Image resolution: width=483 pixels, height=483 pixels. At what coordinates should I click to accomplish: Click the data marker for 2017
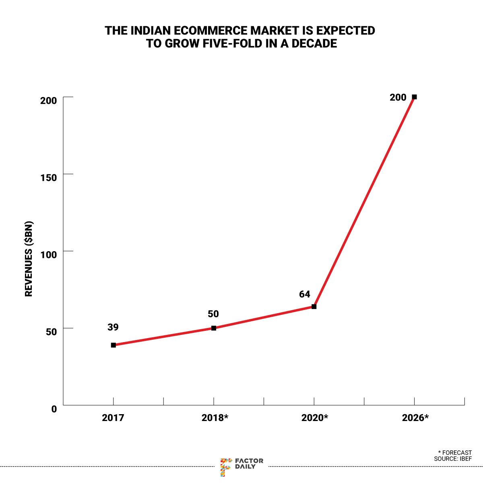114,345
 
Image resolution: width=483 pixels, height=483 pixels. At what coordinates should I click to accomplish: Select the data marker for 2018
214,328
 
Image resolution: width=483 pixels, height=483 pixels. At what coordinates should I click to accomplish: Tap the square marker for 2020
314,307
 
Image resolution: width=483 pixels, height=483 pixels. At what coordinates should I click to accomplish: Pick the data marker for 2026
414,97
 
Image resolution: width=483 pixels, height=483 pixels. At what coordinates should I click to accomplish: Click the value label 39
113,327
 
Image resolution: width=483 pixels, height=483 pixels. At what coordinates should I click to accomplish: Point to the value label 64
305,294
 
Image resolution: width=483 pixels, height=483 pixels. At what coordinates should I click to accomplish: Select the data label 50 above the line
213,314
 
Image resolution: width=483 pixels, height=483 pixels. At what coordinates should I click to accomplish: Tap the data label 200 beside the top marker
398,97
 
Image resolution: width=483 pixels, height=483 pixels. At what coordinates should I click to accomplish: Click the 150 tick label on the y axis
48,178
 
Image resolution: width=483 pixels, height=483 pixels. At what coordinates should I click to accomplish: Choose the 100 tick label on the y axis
48,254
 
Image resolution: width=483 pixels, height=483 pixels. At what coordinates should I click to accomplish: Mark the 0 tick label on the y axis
54,409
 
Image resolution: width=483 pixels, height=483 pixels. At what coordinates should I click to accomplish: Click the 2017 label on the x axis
113,418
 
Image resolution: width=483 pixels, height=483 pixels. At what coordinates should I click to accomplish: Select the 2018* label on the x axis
215,418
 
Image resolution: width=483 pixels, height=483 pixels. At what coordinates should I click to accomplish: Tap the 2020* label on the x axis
315,418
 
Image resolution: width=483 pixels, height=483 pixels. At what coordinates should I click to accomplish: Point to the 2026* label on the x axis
415,418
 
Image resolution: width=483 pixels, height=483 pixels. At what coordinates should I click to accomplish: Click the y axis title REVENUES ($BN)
29,259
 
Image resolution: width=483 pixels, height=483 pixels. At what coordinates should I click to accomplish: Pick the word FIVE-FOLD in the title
227,43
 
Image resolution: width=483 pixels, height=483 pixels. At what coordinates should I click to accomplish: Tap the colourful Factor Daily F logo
226,467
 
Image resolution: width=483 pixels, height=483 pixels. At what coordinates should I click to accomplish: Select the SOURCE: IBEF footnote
453,459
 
